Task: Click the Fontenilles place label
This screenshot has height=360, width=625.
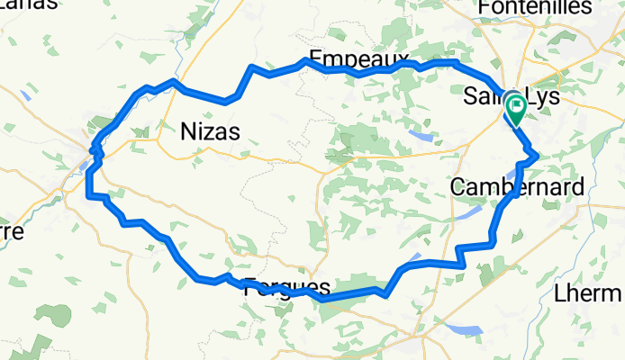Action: coord(535,8)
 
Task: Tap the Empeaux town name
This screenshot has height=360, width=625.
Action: coord(353,59)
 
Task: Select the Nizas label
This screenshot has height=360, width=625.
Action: coord(209,132)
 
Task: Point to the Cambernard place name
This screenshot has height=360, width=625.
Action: coord(516,187)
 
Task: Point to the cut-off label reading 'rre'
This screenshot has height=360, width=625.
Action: coord(11,230)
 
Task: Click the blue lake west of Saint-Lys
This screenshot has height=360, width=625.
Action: coord(419,136)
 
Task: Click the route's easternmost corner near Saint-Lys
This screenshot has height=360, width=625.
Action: coord(538,156)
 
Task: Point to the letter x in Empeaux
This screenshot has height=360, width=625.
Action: coord(391,59)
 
